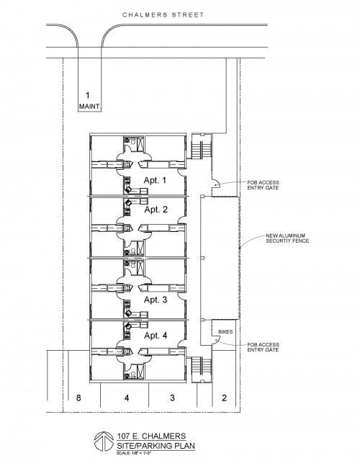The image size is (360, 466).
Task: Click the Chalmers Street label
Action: click(x=163, y=14)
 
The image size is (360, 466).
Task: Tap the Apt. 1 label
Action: click(x=156, y=180)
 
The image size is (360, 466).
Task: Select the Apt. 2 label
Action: click(x=156, y=210)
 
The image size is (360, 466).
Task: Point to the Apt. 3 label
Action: click(x=156, y=300)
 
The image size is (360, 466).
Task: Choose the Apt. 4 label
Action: click(x=156, y=336)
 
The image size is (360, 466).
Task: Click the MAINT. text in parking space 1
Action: click(x=90, y=106)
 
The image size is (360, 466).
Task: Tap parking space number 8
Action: click(x=78, y=398)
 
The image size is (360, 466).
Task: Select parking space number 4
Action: click(x=127, y=398)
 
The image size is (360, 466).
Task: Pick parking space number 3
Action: click(x=172, y=398)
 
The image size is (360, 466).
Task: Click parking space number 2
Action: click(x=224, y=398)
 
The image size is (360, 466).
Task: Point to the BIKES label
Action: click(x=225, y=331)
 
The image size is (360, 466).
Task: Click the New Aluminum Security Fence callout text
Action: click(x=287, y=238)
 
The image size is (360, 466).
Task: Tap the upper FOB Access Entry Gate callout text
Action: click(x=264, y=185)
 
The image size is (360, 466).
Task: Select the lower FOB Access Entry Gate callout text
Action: click(x=264, y=347)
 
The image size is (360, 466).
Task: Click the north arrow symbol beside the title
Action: click(x=104, y=441)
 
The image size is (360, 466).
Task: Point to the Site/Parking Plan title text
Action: click(x=156, y=446)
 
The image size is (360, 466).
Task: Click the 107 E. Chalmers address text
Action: click(x=151, y=436)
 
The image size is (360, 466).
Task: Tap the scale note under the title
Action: click(x=134, y=453)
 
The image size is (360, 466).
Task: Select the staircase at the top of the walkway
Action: click(x=201, y=146)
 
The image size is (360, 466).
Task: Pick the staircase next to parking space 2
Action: click(x=201, y=369)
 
